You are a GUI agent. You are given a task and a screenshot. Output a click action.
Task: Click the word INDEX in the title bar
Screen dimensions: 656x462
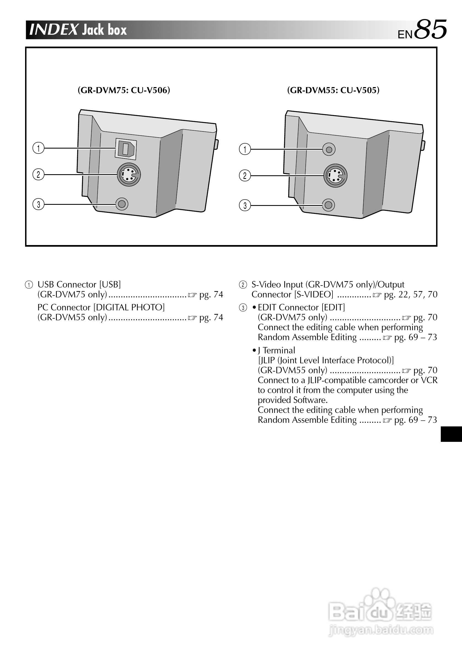(x=54, y=30)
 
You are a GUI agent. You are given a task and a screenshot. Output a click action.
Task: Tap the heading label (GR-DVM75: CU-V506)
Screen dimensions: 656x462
(x=124, y=90)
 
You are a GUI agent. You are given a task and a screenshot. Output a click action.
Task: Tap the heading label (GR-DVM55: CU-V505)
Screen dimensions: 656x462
(x=333, y=90)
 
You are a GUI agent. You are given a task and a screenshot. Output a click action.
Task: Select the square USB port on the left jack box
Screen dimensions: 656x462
(x=126, y=149)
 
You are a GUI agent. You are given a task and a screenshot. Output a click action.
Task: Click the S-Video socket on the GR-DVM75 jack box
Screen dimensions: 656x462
(x=129, y=174)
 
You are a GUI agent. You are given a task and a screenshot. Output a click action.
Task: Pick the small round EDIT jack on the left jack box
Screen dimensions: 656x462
(x=122, y=204)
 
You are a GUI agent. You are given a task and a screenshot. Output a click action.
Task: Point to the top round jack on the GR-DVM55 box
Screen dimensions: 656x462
(x=329, y=149)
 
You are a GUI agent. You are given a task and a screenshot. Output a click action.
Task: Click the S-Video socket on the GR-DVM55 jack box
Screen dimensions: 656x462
(x=335, y=175)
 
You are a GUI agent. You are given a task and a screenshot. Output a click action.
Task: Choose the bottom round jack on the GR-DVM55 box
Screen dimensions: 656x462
(x=329, y=205)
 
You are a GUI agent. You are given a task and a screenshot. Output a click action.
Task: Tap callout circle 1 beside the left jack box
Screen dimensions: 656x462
(x=39, y=148)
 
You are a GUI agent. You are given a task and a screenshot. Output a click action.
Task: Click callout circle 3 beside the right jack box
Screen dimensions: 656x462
(x=245, y=205)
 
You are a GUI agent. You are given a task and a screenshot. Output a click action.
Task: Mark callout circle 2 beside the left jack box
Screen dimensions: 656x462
(x=39, y=174)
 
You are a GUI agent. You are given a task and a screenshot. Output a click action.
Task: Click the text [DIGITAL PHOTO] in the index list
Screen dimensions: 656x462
(x=129, y=307)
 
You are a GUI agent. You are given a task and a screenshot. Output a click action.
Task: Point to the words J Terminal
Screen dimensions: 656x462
(x=276, y=350)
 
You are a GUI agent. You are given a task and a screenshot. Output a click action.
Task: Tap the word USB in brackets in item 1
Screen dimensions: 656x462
(x=110, y=284)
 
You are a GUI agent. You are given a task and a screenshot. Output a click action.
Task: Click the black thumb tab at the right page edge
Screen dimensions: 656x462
(x=451, y=434)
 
